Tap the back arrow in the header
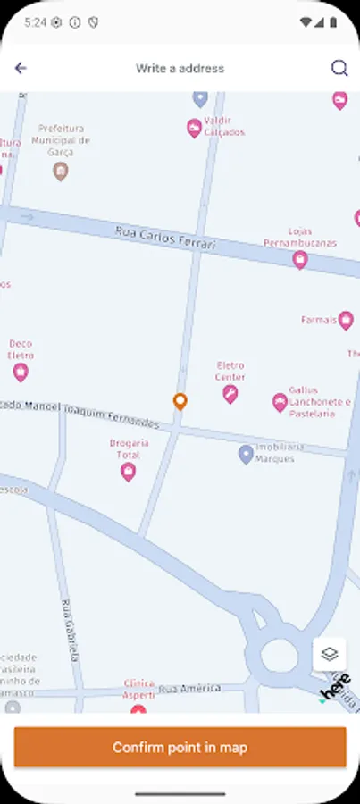(x=21, y=68)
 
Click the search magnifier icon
(x=339, y=68)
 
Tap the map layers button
(x=330, y=654)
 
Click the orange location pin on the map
(x=180, y=401)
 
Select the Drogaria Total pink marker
(x=129, y=471)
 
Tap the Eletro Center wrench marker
(x=230, y=394)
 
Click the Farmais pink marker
(x=346, y=320)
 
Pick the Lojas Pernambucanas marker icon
(x=300, y=260)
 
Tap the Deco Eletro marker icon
(x=21, y=372)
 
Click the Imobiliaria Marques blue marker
(x=246, y=454)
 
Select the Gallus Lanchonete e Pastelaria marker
(x=280, y=402)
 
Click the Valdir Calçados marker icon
(x=194, y=129)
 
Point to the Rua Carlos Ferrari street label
(x=165, y=238)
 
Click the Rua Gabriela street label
(x=71, y=630)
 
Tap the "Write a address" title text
(x=180, y=68)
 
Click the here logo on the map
(x=335, y=688)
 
